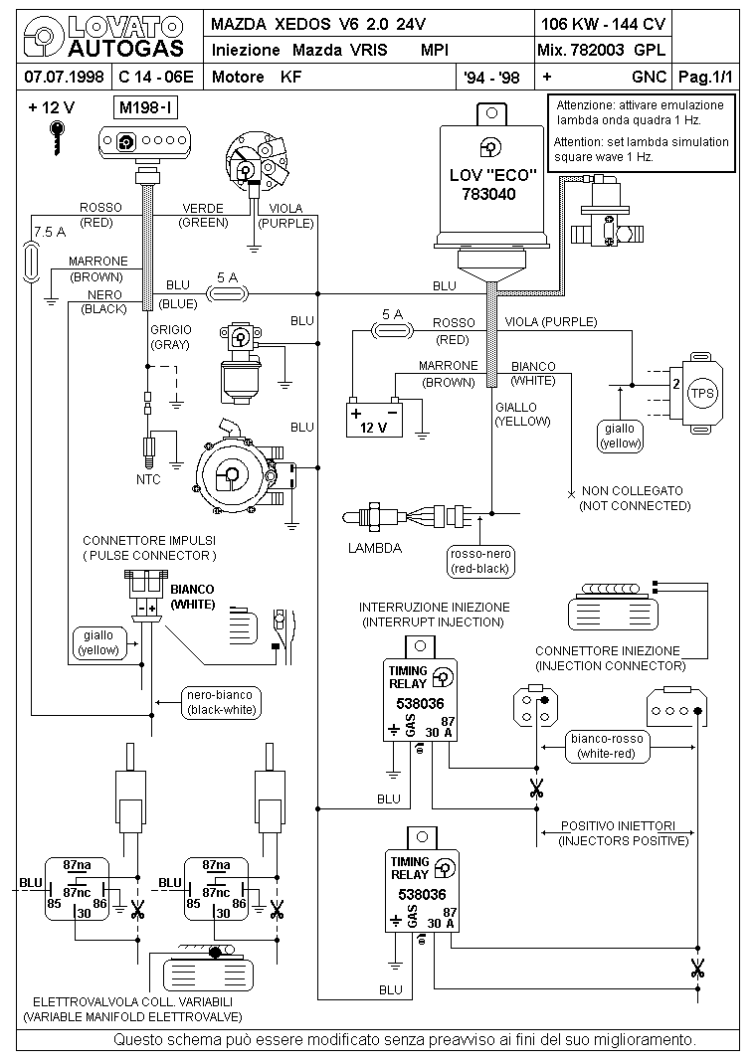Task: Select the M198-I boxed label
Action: click(147, 107)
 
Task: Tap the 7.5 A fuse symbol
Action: click(31, 263)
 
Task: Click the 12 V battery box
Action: click(374, 420)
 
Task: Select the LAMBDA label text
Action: click(375, 548)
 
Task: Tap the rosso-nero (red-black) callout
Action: click(479, 561)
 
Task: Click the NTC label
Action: click(148, 479)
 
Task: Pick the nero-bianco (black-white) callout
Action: click(222, 702)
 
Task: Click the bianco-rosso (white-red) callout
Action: click(606, 747)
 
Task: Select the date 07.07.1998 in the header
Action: click(64, 77)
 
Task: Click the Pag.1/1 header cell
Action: click(706, 77)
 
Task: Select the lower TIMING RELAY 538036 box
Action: click(422, 890)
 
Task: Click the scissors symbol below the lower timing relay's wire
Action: click(697, 969)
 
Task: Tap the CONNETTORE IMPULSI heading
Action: click(149, 541)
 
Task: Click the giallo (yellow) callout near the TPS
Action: click(621, 436)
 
